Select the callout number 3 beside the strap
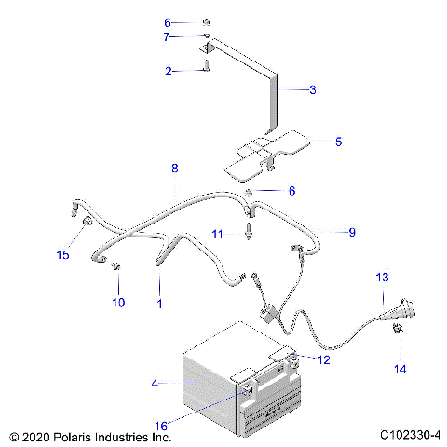point(313,90)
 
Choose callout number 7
point(168,36)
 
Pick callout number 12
point(323,360)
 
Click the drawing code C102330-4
point(410,435)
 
